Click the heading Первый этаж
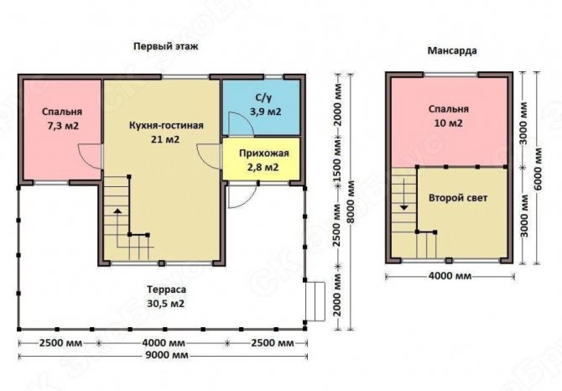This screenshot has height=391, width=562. point(165,47)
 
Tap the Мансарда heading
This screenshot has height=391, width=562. point(452,51)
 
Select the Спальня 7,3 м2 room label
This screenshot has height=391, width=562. point(62,118)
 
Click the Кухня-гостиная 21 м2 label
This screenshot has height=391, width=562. point(166,133)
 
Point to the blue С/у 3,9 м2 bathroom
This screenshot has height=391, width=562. point(261,107)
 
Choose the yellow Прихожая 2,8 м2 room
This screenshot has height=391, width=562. point(261,159)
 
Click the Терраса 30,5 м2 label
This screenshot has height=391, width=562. point(166,296)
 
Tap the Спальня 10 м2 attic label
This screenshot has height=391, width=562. point(449,116)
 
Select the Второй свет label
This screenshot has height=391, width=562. point(458,198)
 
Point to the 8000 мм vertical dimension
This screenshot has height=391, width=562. point(351,202)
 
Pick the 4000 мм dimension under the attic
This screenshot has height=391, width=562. point(450,276)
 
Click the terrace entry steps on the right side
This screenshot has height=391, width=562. point(315,301)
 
